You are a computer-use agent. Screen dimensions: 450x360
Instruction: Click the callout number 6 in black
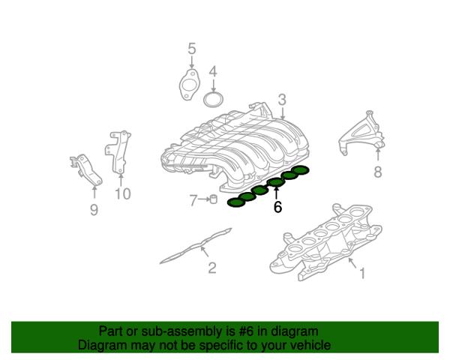coord(277,207)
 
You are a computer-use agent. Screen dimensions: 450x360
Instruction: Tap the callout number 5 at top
coord(192,49)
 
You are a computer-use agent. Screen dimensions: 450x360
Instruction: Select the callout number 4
coord(213,72)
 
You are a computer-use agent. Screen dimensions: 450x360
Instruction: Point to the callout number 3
coord(283,100)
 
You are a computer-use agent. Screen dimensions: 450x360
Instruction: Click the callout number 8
coord(378,172)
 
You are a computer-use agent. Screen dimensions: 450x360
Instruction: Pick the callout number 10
coord(123,193)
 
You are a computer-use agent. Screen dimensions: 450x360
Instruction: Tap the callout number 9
coord(94,210)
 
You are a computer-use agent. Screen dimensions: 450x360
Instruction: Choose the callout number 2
coord(212,268)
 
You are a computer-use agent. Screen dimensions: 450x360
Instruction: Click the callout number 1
coord(362,273)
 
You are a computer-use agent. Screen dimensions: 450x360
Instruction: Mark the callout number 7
coord(193,200)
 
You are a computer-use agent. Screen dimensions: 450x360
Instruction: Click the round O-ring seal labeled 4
coord(214,99)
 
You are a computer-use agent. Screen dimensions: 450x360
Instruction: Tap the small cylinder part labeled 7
coord(213,199)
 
